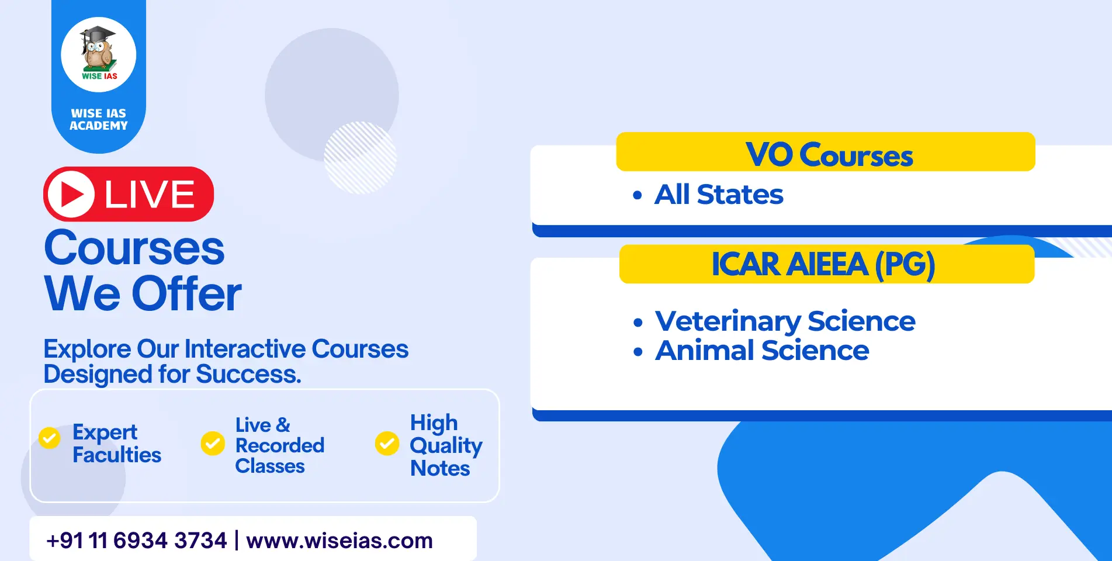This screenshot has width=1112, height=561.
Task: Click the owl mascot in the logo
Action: [x=98, y=49]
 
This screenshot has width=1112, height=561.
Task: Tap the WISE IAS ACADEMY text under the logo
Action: [x=99, y=119]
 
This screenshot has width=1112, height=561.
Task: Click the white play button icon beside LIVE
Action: [x=71, y=194]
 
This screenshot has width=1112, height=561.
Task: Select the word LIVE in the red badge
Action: [x=150, y=194]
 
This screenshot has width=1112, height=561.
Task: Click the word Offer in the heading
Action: [x=186, y=293]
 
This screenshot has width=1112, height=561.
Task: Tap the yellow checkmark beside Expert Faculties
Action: [x=50, y=438]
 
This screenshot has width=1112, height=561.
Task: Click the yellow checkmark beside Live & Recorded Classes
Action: [x=213, y=444]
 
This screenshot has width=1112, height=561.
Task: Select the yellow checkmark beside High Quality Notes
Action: [x=387, y=444]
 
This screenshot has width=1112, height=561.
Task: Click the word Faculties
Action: [x=117, y=455]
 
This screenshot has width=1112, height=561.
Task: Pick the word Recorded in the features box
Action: [x=280, y=445]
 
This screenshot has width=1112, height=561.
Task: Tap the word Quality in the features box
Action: [x=446, y=446]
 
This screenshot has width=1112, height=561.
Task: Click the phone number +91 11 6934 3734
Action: [x=137, y=541]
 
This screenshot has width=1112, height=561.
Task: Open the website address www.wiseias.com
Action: [x=340, y=541]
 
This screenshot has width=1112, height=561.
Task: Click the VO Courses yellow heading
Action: [x=826, y=152]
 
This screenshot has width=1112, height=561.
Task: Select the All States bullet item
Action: [x=708, y=195]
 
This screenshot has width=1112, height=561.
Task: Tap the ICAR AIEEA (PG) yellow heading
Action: [x=827, y=264]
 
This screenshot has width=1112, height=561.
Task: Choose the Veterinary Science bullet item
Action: [x=774, y=321]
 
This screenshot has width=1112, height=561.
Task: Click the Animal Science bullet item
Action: [x=751, y=351]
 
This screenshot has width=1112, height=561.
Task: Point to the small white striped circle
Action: [x=360, y=158]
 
